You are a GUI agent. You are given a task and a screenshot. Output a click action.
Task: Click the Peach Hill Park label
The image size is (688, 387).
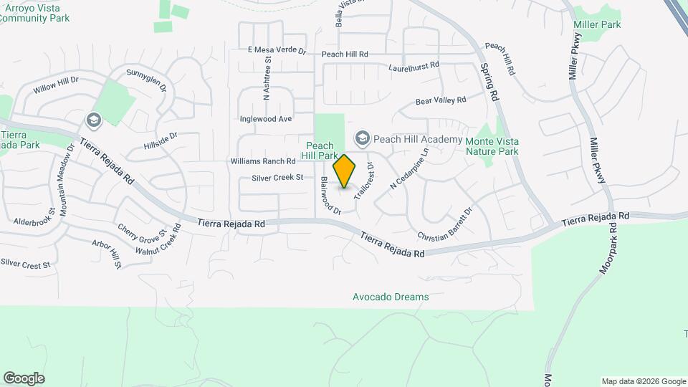(x=319, y=150)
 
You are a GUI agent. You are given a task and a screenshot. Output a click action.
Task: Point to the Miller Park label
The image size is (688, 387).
(x=597, y=24)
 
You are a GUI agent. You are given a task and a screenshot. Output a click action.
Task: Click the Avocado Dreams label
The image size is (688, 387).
(x=391, y=297)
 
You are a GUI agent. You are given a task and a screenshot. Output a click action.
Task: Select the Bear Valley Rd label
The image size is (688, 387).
(x=441, y=101)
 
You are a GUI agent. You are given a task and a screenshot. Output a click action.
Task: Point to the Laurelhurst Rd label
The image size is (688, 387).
(x=414, y=65)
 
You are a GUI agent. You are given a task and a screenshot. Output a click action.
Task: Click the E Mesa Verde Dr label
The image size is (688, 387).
(x=277, y=51)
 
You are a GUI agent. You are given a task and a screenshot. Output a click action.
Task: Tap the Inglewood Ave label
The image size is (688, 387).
(x=266, y=118)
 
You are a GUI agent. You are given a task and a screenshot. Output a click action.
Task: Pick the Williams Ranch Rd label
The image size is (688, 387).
(x=262, y=161)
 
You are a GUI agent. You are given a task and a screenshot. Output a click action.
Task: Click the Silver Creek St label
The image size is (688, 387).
(x=277, y=177)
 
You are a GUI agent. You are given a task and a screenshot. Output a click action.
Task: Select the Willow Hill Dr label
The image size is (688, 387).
(x=55, y=85)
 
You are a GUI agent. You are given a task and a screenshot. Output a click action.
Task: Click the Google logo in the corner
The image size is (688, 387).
(x=24, y=378)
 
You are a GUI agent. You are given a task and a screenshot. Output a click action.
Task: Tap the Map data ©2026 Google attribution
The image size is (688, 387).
(x=644, y=381)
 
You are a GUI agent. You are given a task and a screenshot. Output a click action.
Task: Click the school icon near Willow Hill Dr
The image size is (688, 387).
(x=93, y=120)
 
